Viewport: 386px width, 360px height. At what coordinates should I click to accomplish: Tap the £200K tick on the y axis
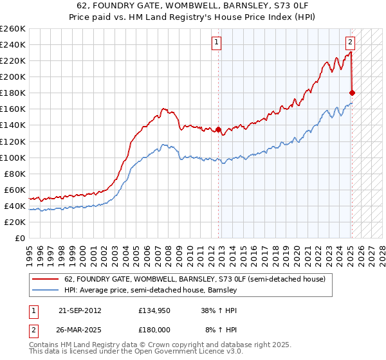click(x=12, y=76)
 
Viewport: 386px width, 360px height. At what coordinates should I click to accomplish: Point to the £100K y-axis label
click(x=12, y=157)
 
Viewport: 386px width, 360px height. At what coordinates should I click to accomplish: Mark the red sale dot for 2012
click(x=219, y=129)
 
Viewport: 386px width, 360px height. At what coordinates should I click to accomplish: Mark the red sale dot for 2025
click(x=352, y=93)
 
